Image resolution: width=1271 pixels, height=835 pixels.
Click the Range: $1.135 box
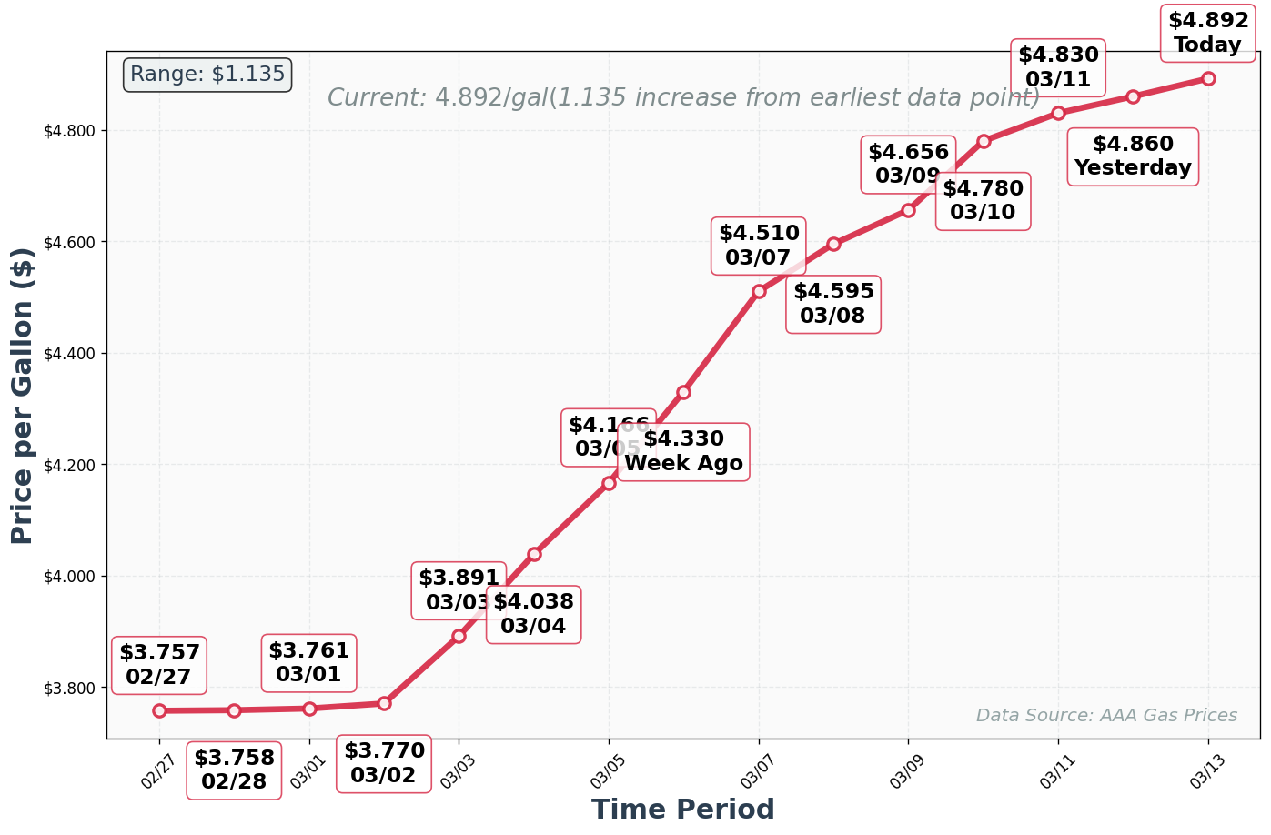[207, 75]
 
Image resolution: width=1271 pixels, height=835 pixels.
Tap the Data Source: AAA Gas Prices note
[1105, 716]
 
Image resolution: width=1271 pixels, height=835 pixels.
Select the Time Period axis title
[682, 809]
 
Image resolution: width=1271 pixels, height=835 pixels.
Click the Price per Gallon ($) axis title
[22, 396]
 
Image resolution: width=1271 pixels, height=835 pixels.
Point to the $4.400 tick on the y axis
[69, 354]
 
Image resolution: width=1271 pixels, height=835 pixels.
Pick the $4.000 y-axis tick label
[69, 577]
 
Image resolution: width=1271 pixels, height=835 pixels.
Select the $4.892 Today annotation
[1207, 33]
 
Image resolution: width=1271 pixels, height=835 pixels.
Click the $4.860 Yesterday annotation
[1132, 156]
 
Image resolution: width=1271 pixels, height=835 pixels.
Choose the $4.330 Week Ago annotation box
[683, 451]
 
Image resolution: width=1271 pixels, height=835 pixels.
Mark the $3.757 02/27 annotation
[159, 665]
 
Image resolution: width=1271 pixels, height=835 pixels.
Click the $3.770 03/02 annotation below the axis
[383, 763]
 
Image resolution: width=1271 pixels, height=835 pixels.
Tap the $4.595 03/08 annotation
[833, 304]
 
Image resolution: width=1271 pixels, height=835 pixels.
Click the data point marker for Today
[1207, 78]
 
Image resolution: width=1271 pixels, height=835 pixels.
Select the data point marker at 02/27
[159, 710]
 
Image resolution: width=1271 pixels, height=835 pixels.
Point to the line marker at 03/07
[759, 291]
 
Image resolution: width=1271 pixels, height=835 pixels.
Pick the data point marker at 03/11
[1058, 113]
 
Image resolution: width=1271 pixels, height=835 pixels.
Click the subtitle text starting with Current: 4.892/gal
[683, 98]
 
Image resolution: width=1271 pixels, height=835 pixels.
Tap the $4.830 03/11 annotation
[1058, 67]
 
